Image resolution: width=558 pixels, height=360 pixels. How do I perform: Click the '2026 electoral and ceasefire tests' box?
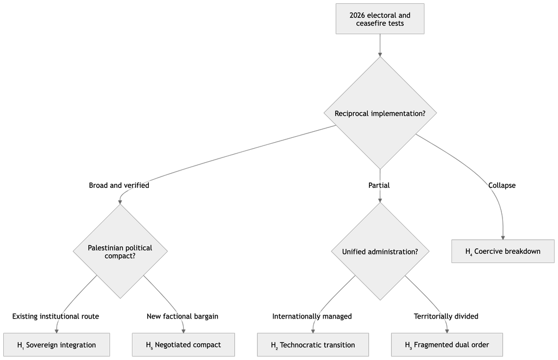[x=380, y=19]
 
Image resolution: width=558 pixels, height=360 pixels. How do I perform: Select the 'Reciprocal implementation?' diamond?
[x=380, y=113]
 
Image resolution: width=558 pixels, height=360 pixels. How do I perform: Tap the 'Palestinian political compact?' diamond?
[x=120, y=251]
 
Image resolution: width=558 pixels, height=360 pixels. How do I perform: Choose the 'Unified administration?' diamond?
[x=380, y=252]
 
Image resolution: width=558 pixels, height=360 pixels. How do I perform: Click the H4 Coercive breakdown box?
[x=503, y=251]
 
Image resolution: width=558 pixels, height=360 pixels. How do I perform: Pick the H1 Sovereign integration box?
[x=57, y=345]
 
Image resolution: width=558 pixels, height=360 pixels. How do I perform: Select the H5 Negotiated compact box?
[x=183, y=345]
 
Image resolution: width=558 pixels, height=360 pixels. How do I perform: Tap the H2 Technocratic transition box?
[x=313, y=345]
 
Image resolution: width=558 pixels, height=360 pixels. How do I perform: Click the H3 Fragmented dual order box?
[x=447, y=345]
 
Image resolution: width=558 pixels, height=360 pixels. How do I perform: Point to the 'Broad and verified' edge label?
[x=119, y=185]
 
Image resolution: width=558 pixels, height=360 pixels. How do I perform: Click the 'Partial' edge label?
[x=379, y=185]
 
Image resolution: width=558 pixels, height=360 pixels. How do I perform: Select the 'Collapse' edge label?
[x=502, y=185]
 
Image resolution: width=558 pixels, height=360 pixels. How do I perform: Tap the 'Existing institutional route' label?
[x=56, y=316]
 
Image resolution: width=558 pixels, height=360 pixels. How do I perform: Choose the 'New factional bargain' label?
[x=183, y=316]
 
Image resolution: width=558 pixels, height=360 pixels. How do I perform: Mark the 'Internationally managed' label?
[x=312, y=316]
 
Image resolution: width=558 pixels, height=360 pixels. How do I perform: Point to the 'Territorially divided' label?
[x=446, y=316]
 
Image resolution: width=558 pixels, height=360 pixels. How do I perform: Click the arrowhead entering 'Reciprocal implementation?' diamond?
[x=380, y=55]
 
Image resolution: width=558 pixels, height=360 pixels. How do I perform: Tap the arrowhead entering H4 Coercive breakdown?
[x=503, y=237]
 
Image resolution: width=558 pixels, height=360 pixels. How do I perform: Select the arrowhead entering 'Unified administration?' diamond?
[x=380, y=200]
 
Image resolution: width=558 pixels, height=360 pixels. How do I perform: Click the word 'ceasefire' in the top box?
[x=371, y=23]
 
